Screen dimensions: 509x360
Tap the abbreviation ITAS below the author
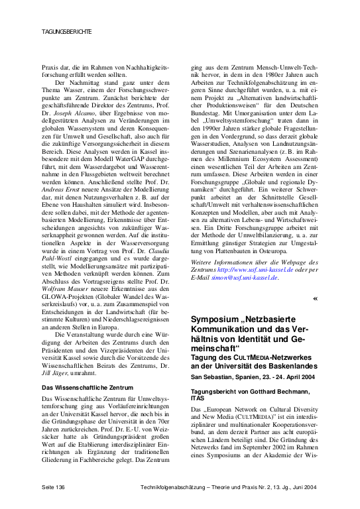pos(200,400)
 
